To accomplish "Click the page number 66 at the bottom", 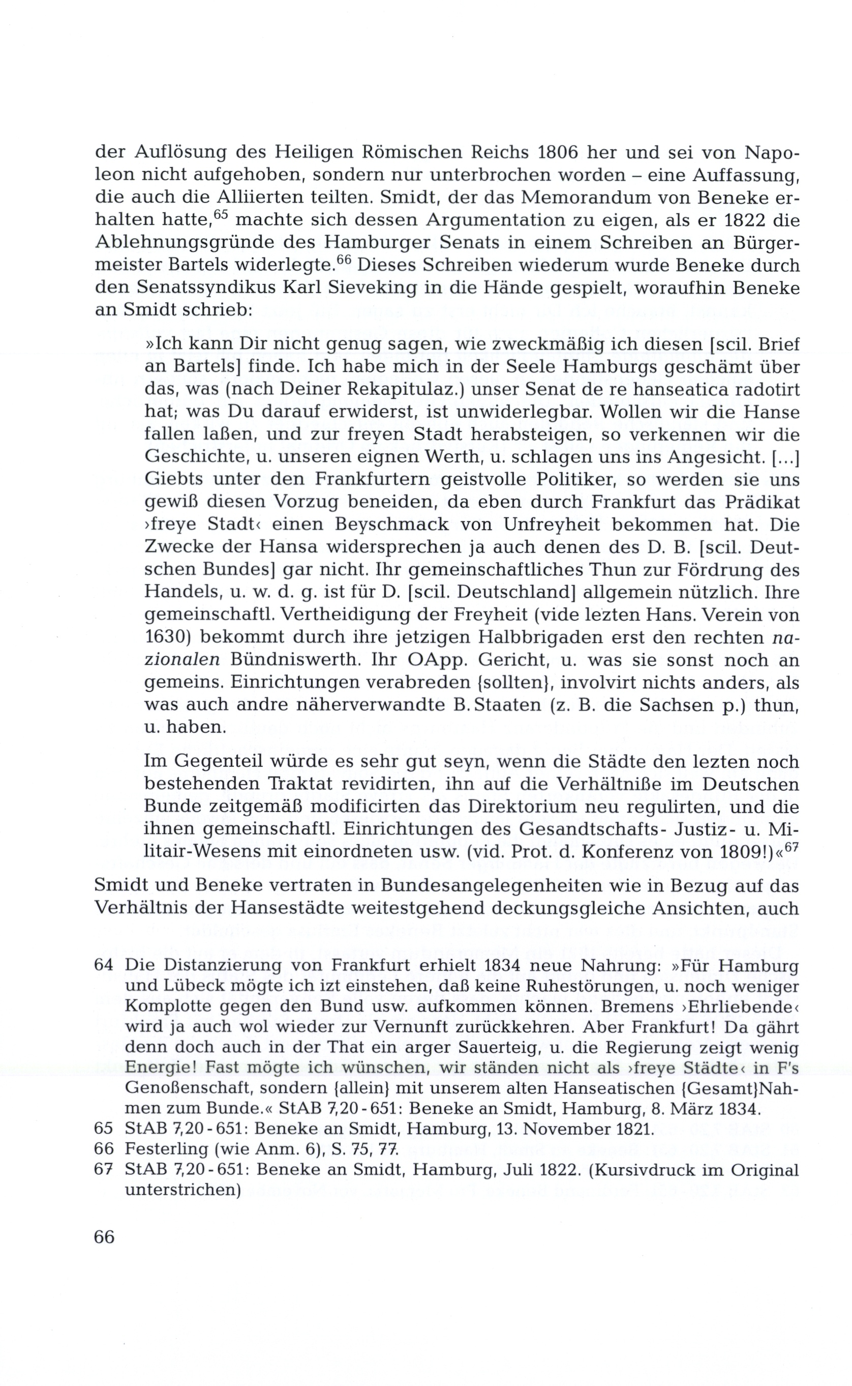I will coord(104,1236).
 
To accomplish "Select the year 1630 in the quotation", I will coord(165,638).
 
